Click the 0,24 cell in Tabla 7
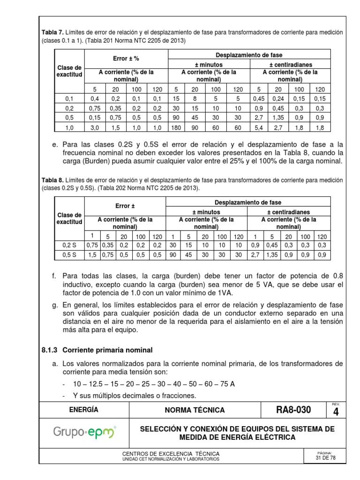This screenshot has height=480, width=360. pos(278,98)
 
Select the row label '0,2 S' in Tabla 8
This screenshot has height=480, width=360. pos(69,245)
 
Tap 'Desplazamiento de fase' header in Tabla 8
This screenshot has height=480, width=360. pos(248,202)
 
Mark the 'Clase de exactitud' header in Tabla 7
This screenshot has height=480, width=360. pos(69,71)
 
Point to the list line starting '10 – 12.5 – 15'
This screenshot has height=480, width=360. pos(153,384)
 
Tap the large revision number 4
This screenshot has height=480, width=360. pos(335,412)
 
